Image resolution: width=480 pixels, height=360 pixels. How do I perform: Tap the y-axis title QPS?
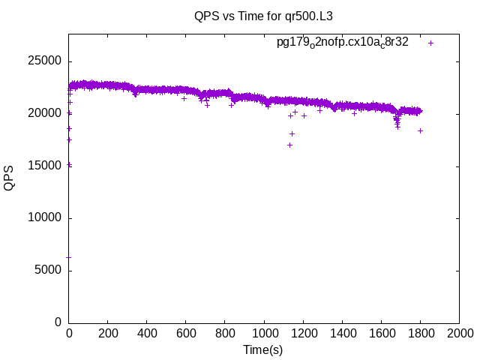click(x=9, y=178)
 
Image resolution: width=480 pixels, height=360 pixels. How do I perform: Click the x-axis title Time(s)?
click(x=262, y=349)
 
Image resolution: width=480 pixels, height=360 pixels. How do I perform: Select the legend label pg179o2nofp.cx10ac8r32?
click(x=343, y=43)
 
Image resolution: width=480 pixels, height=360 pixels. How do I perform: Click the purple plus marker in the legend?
click(x=431, y=43)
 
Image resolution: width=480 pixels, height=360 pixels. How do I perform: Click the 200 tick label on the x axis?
click(x=108, y=333)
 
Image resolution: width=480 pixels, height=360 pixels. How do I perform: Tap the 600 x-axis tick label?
click(x=186, y=333)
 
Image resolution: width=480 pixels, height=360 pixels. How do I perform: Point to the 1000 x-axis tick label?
click(x=264, y=333)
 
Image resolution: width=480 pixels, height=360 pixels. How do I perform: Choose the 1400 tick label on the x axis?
click(x=342, y=333)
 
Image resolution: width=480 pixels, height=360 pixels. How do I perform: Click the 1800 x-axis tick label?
click(x=420, y=333)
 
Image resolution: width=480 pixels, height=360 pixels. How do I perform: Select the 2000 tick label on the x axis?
click(x=459, y=333)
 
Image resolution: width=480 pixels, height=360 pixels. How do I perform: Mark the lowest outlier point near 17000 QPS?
click(x=289, y=145)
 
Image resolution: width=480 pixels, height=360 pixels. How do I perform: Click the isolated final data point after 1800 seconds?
click(x=421, y=130)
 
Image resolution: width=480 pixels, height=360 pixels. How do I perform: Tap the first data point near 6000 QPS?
click(x=69, y=257)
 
